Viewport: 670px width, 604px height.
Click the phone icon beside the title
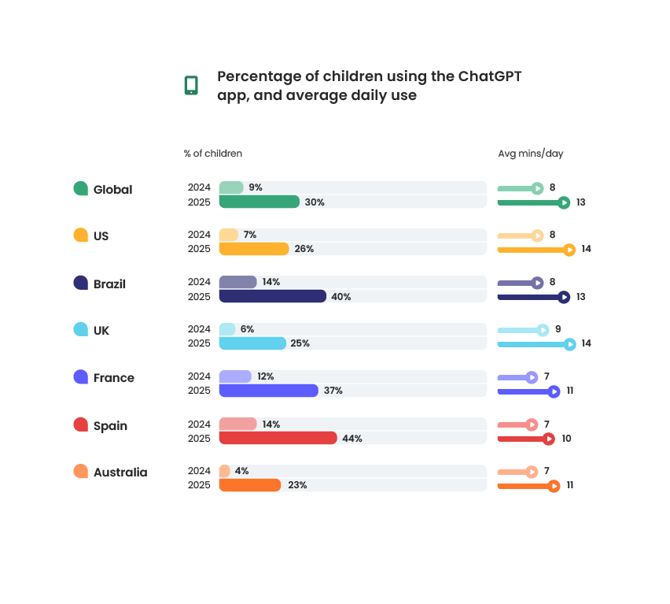click(x=191, y=85)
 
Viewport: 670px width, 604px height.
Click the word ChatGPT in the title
click(x=491, y=76)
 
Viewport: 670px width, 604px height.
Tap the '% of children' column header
click(x=213, y=154)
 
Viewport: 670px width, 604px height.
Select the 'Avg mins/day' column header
click(x=530, y=154)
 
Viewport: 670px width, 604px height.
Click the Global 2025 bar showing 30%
click(x=259, y=202)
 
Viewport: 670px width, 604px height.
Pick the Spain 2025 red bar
click(x=278, y=439)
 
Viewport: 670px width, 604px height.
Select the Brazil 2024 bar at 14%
click(x=237, y=282)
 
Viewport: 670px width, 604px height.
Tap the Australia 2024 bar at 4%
click(x=224, y=471)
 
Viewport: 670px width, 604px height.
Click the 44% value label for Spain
click(x=352, y=439)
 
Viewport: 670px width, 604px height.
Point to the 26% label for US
click(x=304, y=249)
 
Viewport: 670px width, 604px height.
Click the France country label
click(x=113, y=378)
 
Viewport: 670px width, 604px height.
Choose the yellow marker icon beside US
click(x=80, y=235)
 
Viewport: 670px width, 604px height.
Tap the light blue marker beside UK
click(x=80, y=330)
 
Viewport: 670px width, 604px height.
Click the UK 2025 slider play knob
click(x=569, y=344)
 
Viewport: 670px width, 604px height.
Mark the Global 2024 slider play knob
click(x=537, y=188)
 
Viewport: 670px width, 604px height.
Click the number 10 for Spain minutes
click(x=566, y=439)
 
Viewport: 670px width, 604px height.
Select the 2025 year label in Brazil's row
click(x=199, y=297)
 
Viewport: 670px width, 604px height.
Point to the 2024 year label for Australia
click(x=199, y=471)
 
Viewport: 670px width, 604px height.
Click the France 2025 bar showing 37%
click(x=268, y=391)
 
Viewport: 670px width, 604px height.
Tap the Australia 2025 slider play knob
click(x=554, y=486)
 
